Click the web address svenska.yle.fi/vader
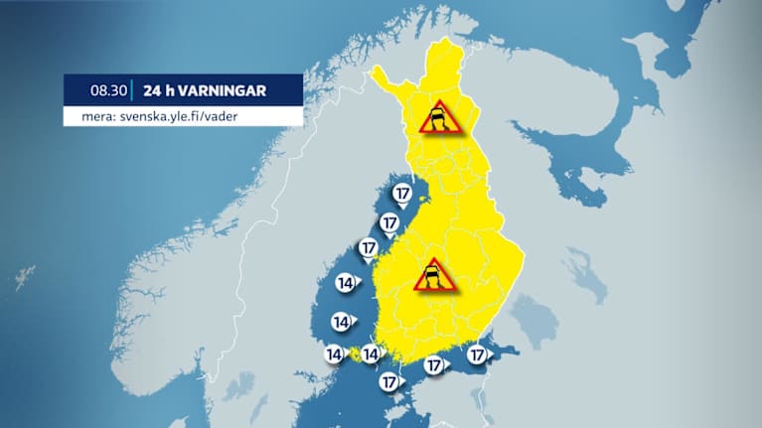tap(175, 116)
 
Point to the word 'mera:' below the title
tap(85, 116)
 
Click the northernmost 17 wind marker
tap(401, 194)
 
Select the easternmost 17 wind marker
tap(477, 355)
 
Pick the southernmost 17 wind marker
tap(389, 381)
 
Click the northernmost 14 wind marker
tap(347, 284)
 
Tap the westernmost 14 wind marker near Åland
tap(334, 354)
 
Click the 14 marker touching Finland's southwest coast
tap(372, 354)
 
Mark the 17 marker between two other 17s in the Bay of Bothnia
tap(389, 222)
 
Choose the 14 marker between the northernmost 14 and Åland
tap(341, 322)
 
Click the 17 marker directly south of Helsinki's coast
tap(433, 365)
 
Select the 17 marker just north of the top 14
tap(369, 247)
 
